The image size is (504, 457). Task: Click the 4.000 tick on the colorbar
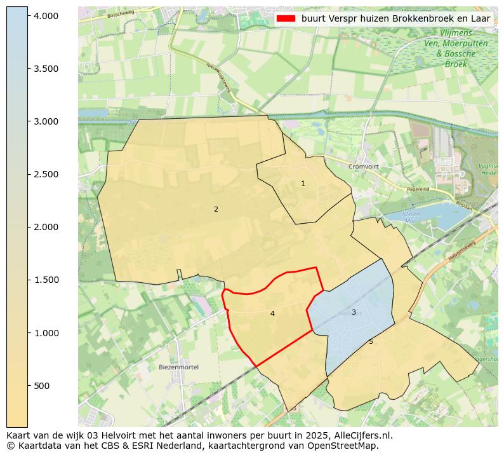tap(46, 15)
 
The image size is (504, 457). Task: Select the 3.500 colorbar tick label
tap(46, 69)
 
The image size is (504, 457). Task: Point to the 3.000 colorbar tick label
tap(46, 121)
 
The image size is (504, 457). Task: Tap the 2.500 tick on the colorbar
tap(46, 174)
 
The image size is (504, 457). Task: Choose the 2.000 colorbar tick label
tap(46, 227)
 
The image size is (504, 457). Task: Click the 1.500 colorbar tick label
tap(46, 280)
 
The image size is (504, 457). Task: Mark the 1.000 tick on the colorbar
tap(46, 333)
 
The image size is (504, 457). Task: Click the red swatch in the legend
tap(286, 19)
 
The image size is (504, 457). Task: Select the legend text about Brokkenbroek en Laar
tap(395, 19)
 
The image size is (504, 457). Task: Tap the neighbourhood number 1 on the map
tap(303, 183)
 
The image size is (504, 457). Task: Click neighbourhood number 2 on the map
tap(216, 209)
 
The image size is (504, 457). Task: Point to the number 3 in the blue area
tap(354, 312)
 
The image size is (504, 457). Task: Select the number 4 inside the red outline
tap(272, 313)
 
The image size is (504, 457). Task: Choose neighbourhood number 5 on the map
tap(371, 342)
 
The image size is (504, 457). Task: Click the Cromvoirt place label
tap(363, 167)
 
